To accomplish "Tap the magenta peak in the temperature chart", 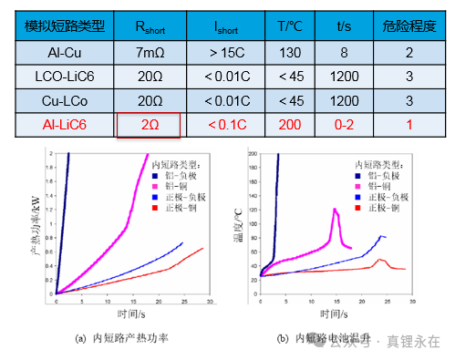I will [x=336, y=211].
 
